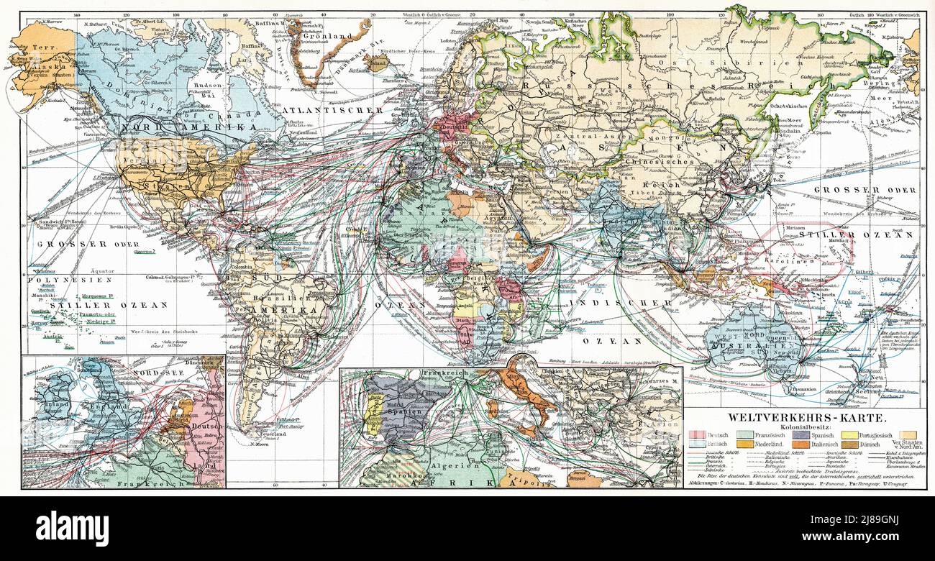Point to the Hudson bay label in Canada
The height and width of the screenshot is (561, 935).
point(208,84)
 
